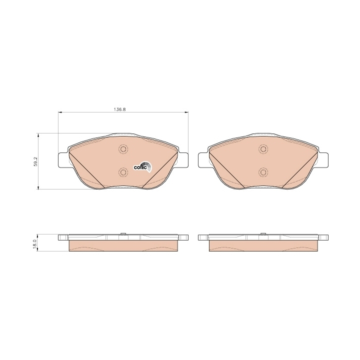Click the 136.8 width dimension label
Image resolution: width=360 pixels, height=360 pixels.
(x=119, y=109)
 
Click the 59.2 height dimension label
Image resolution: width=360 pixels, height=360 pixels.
(x=35, y=161)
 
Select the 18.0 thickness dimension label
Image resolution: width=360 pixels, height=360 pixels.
(x=34, y=243)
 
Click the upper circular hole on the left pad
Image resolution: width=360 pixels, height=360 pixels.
(x=123, y=149)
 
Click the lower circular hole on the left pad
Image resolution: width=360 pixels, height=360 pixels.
(x=123, y=172)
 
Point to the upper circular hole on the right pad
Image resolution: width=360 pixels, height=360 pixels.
(x=263, y=149)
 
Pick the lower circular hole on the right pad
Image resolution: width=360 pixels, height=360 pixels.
(x=263, y=172)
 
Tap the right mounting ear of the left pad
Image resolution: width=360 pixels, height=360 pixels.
(x=182, y=160)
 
